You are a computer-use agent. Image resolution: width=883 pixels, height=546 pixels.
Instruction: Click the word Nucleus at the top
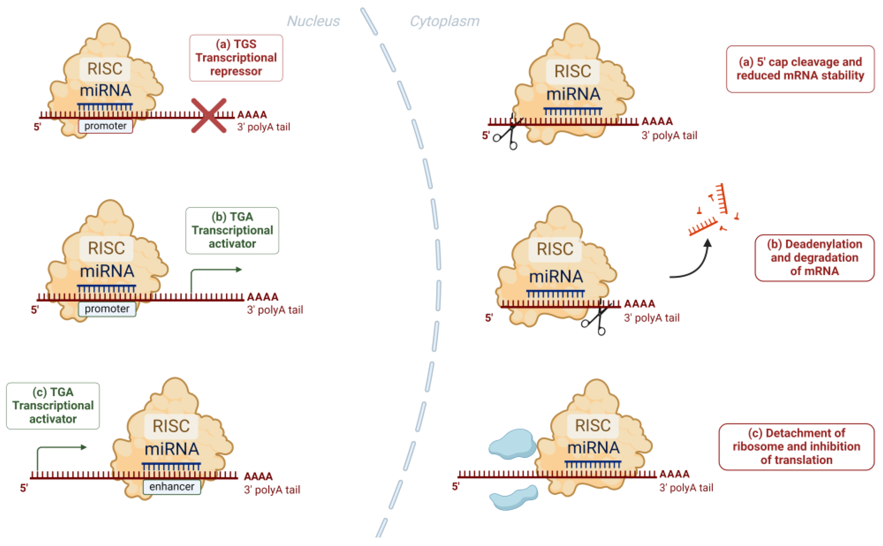point(313,21)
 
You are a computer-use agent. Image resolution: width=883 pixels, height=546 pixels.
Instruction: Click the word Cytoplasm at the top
point(444,21)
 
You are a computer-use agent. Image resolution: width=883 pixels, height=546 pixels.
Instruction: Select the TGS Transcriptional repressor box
point(236,58)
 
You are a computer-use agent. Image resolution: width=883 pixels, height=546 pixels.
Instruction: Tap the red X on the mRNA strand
point(209,115)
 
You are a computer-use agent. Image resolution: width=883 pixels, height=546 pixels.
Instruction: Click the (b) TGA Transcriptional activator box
point(232,231)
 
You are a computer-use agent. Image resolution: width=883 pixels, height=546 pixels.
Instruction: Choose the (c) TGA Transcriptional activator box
point(53,405)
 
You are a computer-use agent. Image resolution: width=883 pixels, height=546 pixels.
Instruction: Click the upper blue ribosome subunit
point(512,444)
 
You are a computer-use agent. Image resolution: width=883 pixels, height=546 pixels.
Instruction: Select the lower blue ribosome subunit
point(513,497)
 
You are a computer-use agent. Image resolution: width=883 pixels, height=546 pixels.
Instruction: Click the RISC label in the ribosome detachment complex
point(592,425)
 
